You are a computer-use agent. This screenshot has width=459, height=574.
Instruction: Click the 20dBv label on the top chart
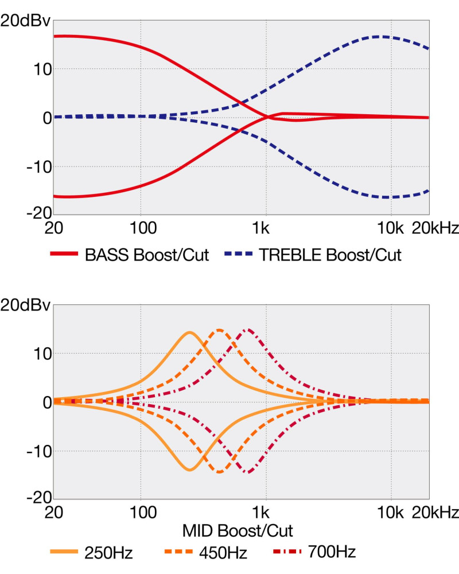(26, 22)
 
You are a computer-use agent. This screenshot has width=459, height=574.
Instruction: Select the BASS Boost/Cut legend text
(146, 255)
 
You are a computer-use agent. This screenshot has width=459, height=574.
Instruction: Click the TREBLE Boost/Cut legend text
(330, 255)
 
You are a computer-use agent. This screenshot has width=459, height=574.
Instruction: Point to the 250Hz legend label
(108, 553)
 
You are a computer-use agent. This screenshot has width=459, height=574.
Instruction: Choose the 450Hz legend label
(222, 553)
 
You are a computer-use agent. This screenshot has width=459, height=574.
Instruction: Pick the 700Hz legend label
(331, 553)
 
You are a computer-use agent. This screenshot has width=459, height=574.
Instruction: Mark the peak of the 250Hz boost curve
(189, 332)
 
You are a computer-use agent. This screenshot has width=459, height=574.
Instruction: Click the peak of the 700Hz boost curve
(247, 329)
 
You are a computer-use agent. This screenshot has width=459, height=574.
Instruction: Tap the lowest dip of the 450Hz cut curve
(219, 472)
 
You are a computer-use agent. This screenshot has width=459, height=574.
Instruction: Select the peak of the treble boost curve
(379, 37)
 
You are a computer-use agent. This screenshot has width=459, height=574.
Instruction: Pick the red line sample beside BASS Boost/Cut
(64, 255)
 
